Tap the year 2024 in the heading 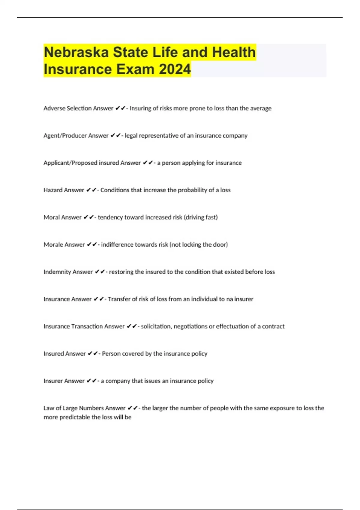[175, 69]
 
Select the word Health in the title [234, 52]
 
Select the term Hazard [53, 190]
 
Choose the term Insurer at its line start [53, 381]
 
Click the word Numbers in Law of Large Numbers [91, 408]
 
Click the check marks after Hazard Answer [91, 190]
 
